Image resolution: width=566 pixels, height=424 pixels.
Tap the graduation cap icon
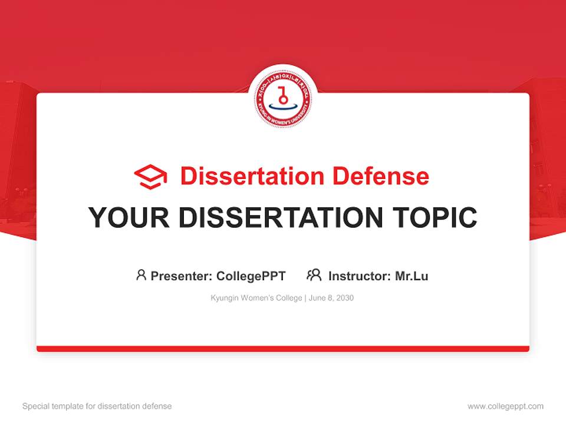(x=150, y=177)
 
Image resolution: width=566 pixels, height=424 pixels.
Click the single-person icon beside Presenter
(x=141, y=275)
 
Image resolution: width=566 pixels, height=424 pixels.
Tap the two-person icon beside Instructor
(x=314, y=275)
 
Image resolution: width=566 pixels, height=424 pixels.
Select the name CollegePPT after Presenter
(x=251, y=276)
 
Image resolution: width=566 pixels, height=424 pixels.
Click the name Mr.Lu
(x=412, y=276)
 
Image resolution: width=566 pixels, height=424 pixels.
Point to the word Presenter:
(x=182, y=276)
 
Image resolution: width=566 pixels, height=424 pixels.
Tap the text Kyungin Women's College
(x=256, y=298)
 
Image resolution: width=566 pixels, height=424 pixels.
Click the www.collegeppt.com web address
(x=505, y=406)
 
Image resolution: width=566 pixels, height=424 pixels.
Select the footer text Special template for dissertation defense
(x=97, y=406)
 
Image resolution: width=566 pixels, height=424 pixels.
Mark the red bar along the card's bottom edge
(x=283, y=349)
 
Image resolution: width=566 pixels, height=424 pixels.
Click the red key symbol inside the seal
(x=283, y=94)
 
